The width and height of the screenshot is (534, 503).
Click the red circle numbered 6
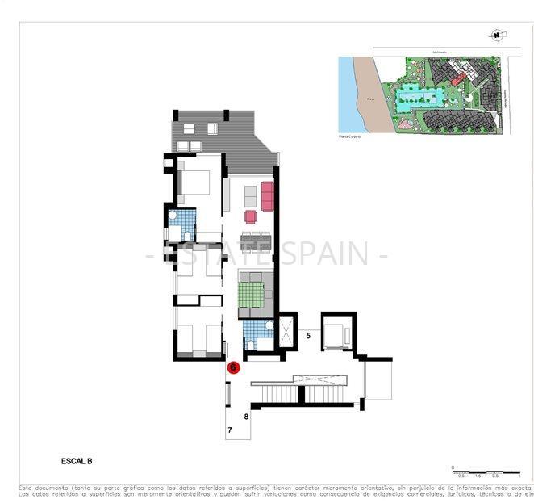tap(234, 367)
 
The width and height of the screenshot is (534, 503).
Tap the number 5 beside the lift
tap(308, 333)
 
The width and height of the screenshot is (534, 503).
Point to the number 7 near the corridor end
tap(230, 431)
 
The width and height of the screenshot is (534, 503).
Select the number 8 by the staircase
tap(246, 417)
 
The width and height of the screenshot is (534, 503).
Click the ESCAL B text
tap(77, 461)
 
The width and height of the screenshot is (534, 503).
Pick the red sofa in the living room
tap(267, 195)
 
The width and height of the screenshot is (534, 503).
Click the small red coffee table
tap(250, 216)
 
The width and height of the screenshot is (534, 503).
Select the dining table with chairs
tap(255, 242)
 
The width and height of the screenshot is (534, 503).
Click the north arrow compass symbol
tap(496, 35)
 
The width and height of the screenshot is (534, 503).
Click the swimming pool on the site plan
tap(420, 99)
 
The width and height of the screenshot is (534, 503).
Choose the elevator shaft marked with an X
tap(286, 330)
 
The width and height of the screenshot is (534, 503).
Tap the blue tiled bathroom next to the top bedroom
tap(184, 224)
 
